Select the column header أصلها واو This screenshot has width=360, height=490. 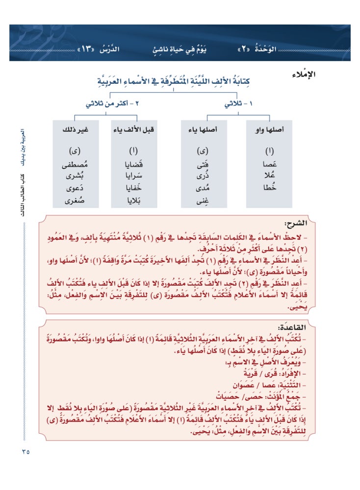(269, 130)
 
